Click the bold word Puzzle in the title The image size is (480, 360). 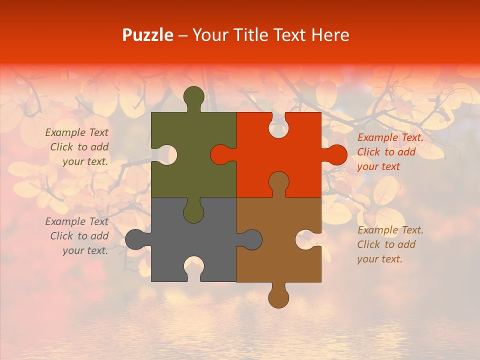point(148,35)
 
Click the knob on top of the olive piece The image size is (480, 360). point(193,96)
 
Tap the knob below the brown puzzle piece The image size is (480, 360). point(278,297)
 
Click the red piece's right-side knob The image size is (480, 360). point(336,154)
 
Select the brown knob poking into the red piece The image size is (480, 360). point(278,181)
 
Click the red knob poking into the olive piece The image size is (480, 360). point(220,154)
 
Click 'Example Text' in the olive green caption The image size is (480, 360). point(76,132)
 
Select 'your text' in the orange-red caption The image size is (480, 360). point(378,166)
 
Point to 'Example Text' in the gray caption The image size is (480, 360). point(76,221)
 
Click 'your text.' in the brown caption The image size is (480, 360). point(380,259)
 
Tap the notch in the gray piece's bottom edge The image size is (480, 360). point(193,267)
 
